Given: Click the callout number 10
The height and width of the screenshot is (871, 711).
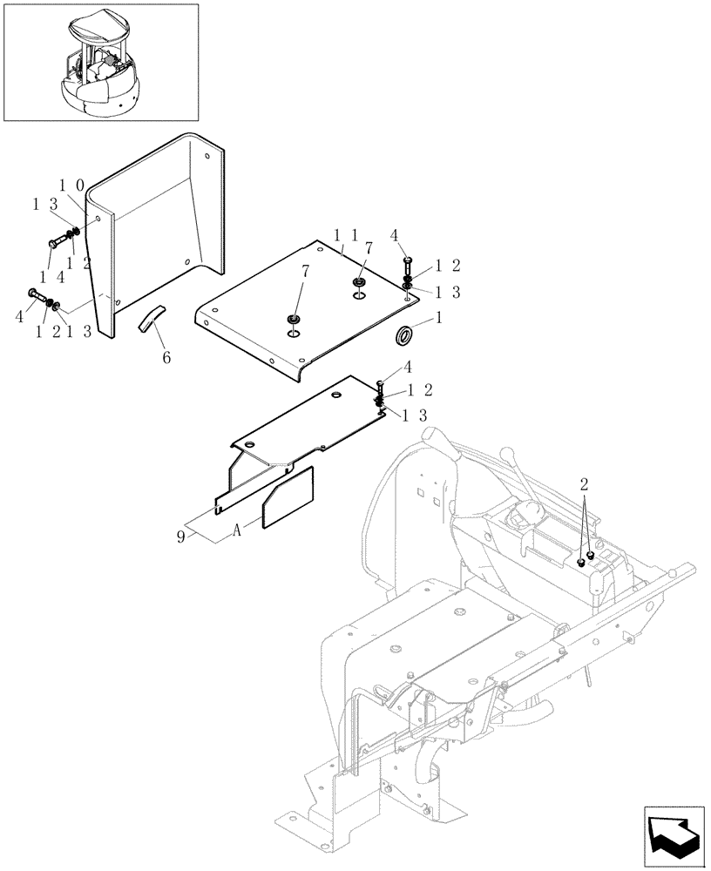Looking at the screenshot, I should (71, 186).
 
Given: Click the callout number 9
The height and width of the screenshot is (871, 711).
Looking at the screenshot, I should (181, 537).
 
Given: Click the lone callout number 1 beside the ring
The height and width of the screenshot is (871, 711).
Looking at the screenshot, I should (438, 320).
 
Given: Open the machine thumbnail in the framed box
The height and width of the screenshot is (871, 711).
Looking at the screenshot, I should (100, 62).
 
